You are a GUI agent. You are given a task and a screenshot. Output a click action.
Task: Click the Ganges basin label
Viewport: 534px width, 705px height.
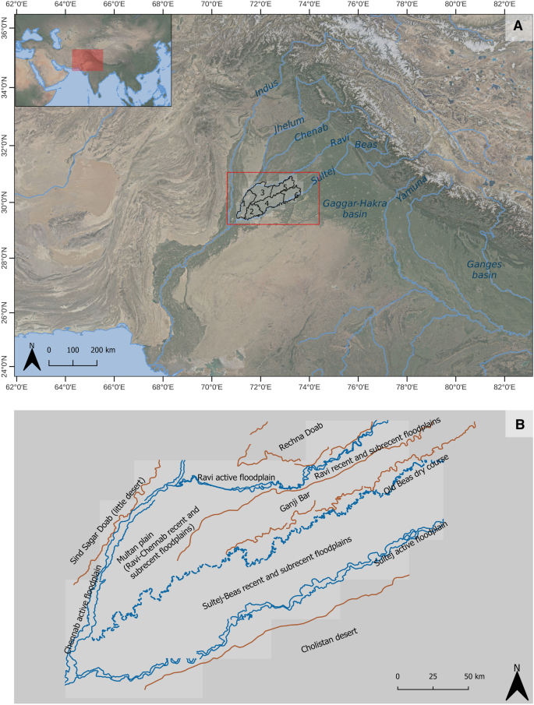point(483,270)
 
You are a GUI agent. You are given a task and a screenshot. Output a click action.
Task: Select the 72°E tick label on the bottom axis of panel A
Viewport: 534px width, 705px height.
point(260,385)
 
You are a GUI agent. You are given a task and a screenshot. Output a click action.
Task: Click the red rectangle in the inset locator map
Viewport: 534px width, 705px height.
point(87,60)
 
